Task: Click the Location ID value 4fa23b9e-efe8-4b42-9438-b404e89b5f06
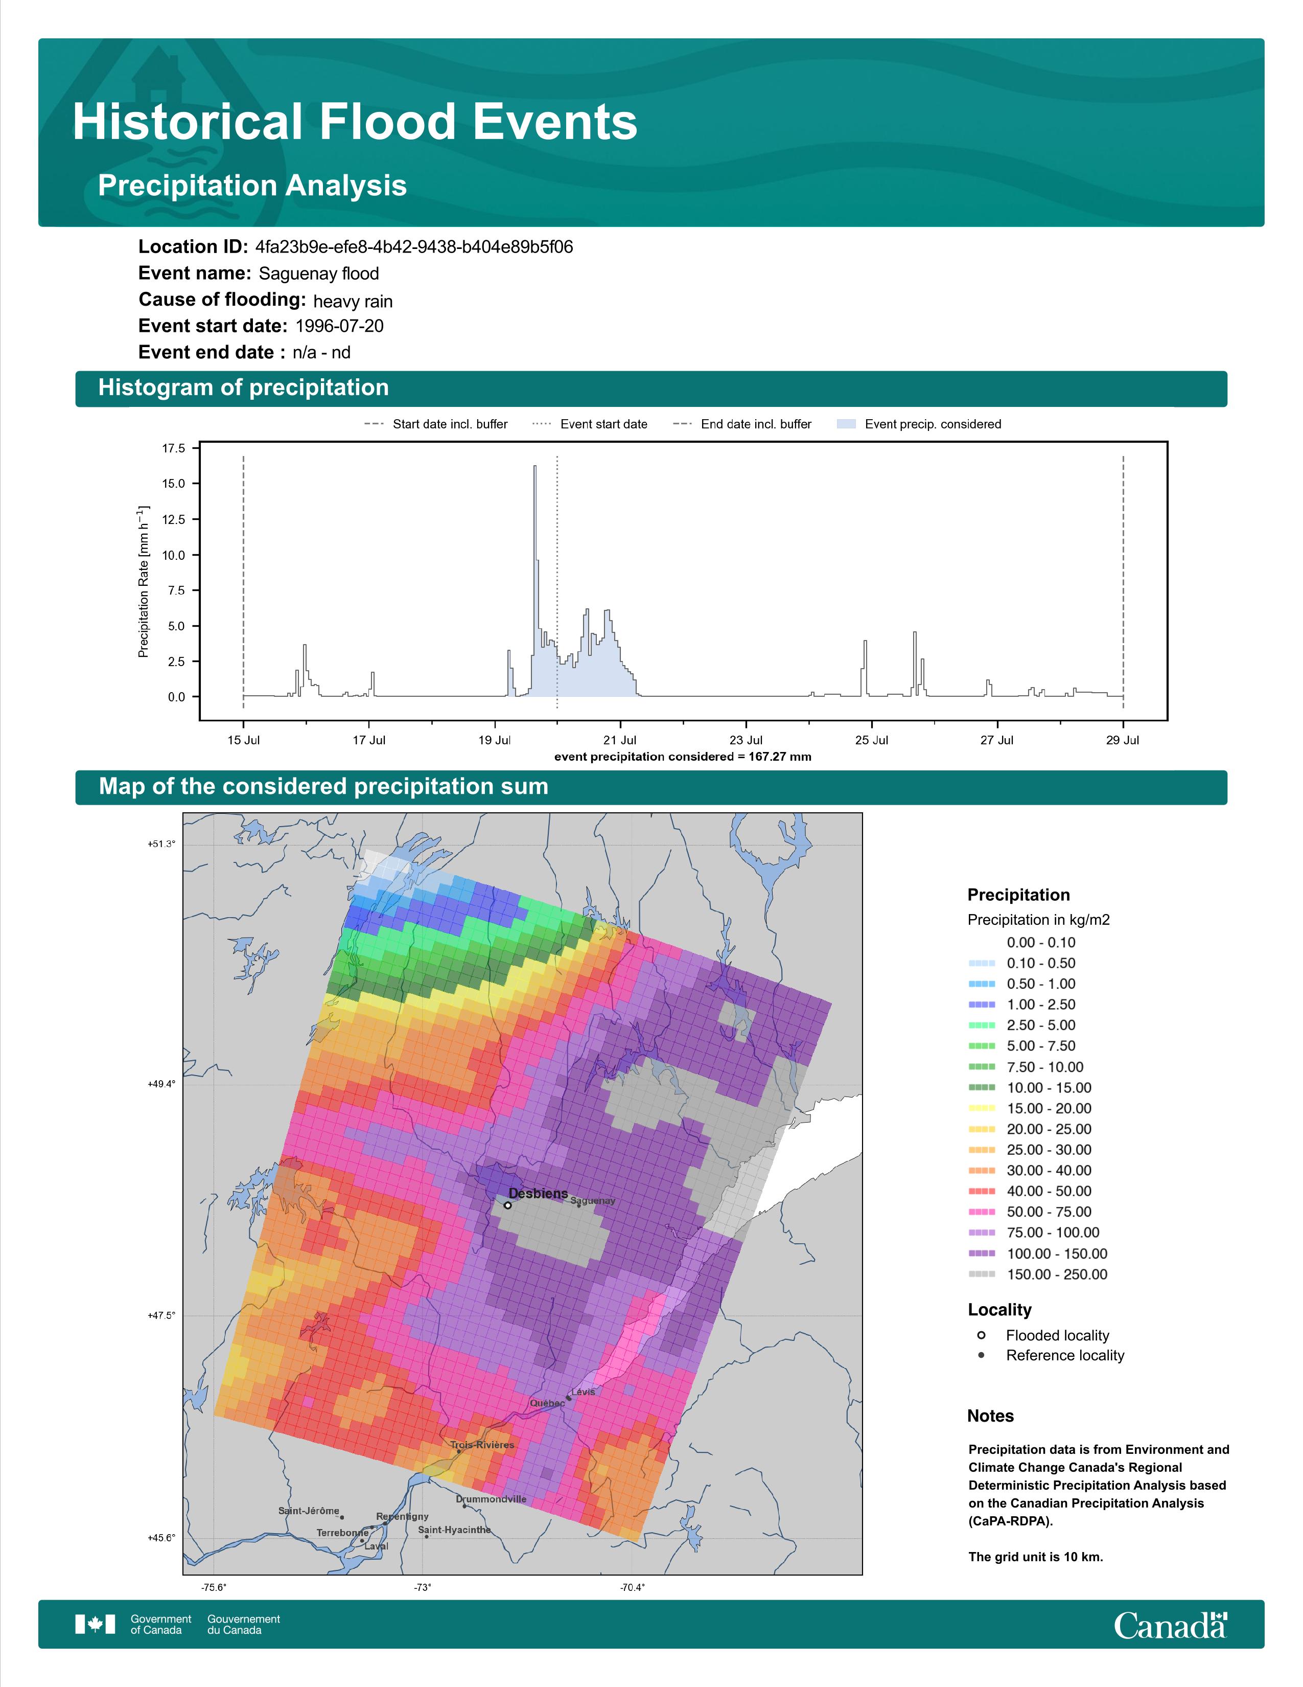tap(414, 247)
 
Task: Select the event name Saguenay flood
tap(319, 273)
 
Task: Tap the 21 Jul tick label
tap(620, 740)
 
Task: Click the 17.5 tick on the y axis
tap(174, 448)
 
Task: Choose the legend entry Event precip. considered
tap(919, 424)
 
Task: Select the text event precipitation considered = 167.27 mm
tap(682, 757)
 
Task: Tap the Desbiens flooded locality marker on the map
tap(507, 1205)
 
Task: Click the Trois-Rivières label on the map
tap(482, 1445)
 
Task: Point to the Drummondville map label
tap(491, 1499)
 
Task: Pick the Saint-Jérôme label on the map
tap(309, 1511)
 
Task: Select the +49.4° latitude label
tap(161, 1084)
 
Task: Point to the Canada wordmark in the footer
tap(1170, 1625)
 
